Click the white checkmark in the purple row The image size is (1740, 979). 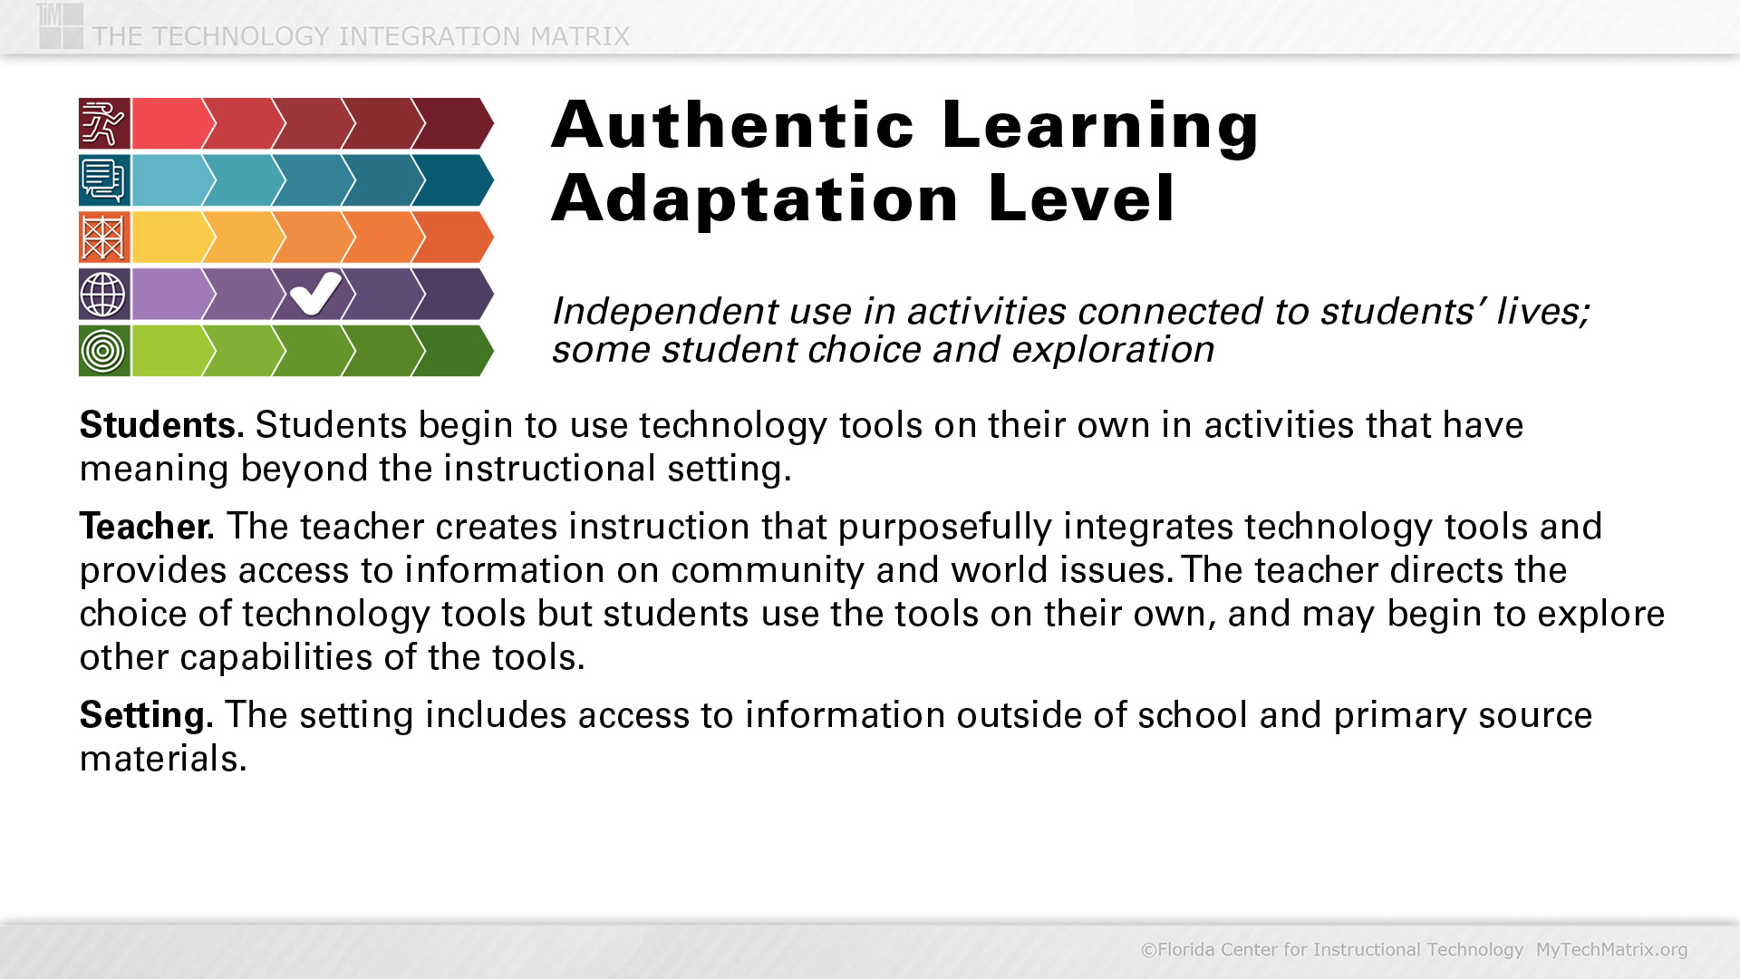tap(315, 294)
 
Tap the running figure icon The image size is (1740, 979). tap(104, 123)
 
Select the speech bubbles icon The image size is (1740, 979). tap(104, 180)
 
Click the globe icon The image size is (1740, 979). tap(104, 294)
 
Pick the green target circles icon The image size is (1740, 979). tap(104, 351)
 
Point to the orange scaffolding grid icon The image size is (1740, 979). tap(104, 237)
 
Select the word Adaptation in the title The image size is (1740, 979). tap(755, 199)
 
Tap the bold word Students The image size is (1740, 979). tap(161, 425)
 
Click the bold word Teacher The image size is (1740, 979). tap(147, 527)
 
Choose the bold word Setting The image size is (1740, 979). tap(146, 716)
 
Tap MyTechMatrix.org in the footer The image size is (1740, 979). tap(1611, 950)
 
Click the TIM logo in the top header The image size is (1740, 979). tap(61, 25)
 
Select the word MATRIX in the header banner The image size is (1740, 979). tap(580, 36)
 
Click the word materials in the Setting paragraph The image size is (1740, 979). tap(163, 759)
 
